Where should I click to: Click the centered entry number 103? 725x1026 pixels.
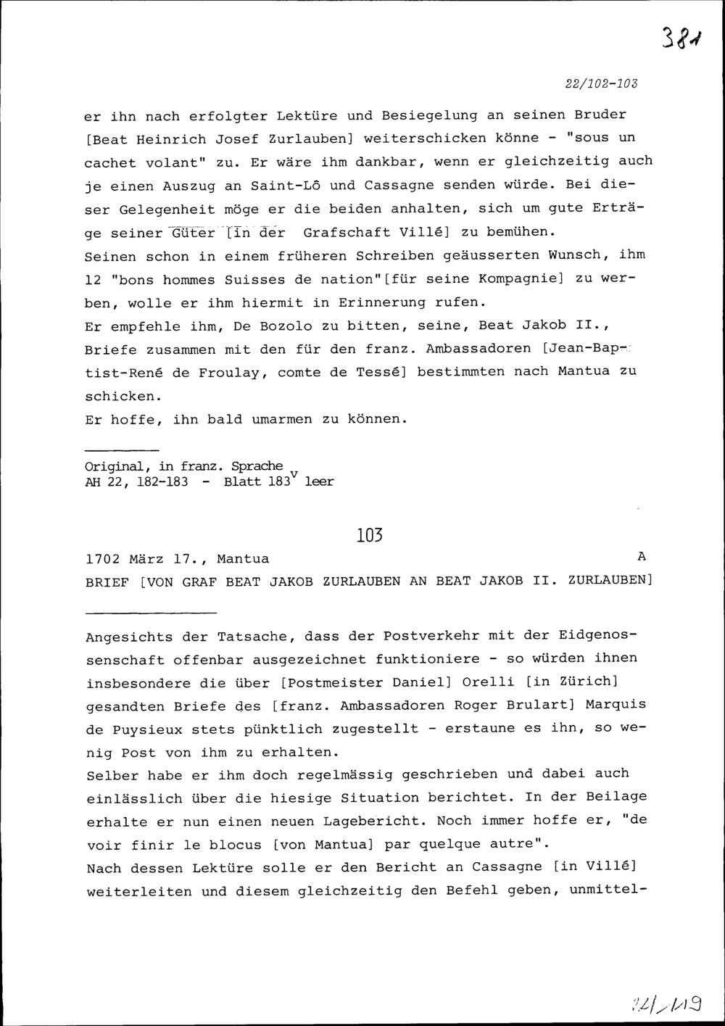click(x=369, y=536)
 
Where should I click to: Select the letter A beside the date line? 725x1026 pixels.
click(x=640, y=557)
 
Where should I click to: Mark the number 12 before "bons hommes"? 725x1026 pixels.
click(x=94, y=279)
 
